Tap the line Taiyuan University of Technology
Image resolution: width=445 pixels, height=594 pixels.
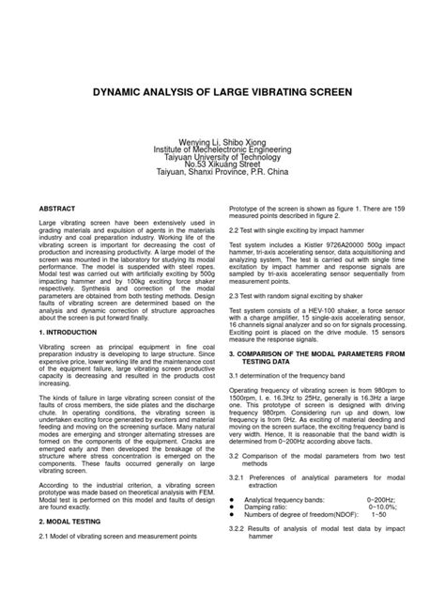[x=222, y=157]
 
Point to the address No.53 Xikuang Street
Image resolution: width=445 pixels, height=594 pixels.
[x=222, y=165]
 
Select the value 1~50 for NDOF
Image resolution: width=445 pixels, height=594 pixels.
[x=378, y=541]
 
